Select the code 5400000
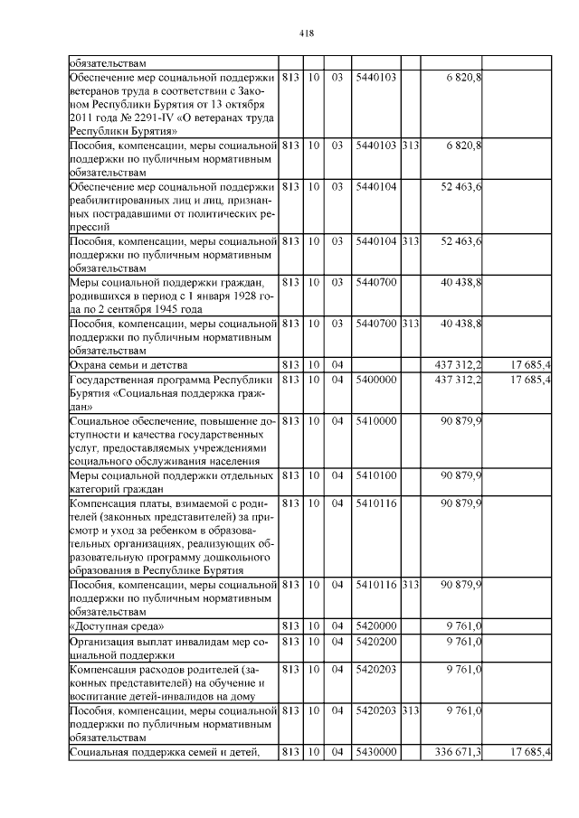376,380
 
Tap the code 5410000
376,421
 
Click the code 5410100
376,475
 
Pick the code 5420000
376,625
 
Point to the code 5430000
376,752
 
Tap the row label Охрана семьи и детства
128,364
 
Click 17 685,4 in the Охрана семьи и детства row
530,364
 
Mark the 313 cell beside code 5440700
410,324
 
